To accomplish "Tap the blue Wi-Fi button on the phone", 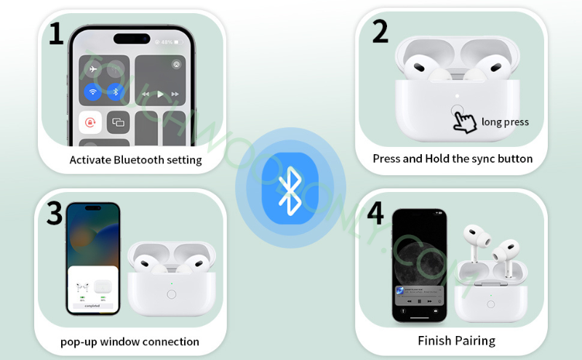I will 92,92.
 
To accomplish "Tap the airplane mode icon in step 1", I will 92,70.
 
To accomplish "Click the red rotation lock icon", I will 89,123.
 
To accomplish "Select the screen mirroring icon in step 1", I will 117,123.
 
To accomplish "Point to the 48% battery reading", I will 167,42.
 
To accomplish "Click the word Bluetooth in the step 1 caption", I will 139,160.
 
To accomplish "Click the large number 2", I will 379,31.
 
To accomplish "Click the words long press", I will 505,122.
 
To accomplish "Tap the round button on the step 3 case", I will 172,295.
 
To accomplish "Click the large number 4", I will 375,213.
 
